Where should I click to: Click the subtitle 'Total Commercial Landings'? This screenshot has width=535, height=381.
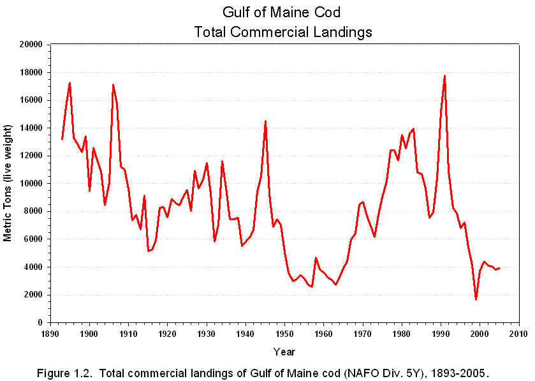click(x=284, y=31)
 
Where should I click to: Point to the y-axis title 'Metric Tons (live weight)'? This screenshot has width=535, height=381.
click(x=8, y=183)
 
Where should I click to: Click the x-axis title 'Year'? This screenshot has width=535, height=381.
click(x=284, y=352)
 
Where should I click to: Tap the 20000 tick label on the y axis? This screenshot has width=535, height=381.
click(x=31, y=45)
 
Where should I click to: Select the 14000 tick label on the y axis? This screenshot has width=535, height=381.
click(x=31, y=128)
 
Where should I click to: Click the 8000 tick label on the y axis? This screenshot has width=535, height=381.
click(x=34, y=211)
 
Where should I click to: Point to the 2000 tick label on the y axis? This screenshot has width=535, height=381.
click(x=34, y=295)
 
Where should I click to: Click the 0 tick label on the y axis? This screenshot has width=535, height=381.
click(x=40, y=323)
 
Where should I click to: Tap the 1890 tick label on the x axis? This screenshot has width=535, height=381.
click(x=50, y=334)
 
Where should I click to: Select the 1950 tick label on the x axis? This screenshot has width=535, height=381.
click(x=284, y=334)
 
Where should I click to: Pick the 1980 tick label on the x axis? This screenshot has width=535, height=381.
click(x=402, y=334)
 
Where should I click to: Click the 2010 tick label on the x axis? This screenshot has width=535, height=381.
click(x=518, y=334)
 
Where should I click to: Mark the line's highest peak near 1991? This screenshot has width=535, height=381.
click(x=444, y=76)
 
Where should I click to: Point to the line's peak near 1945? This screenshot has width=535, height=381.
click(x=265, y=121)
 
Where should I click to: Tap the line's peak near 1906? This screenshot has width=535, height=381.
click(x=113, y=85)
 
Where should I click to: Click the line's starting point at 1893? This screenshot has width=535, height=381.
click(x=62, y=139)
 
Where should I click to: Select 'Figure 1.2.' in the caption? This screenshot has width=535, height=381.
click(x=72, y=372)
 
